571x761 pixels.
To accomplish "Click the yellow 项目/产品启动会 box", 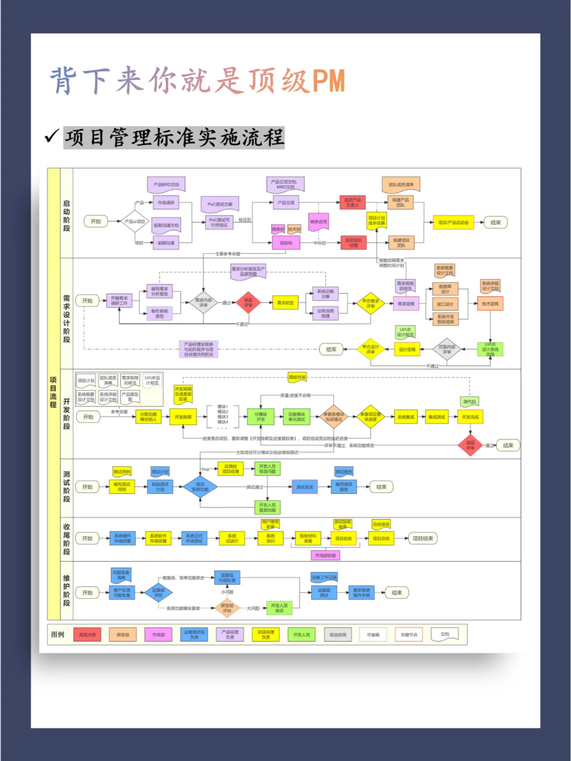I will click(453, 222).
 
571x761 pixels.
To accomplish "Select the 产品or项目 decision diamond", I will click(135, 222).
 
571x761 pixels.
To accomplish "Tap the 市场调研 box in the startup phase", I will click(165, 202).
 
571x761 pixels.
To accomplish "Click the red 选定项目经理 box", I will click(353, 243).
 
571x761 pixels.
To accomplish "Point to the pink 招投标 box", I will click(286, 243).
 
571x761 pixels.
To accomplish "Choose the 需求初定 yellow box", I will click(285, 303).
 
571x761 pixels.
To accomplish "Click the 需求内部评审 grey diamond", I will click(203, 303).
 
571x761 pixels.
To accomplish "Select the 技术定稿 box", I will click(490, 304).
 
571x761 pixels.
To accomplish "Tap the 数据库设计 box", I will click(445, 289).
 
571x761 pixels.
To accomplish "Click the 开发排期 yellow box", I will click(183, 417).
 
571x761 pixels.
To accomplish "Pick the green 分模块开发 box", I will click(261, 417).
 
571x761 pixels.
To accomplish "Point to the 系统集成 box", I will click(406, 417).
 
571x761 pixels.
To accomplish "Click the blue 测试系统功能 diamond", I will click(200, 487).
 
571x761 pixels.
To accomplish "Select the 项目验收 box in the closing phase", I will click(343, 539).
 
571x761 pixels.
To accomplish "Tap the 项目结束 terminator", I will click(422, 539).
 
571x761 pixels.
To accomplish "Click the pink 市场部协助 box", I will click(325, 555).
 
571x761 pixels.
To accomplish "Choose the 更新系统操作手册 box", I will click(362, 593).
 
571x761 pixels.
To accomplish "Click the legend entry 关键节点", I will click(409, 635).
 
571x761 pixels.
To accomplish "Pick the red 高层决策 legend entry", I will click(87, 635).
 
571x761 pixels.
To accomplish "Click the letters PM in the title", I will click(328, 81).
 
